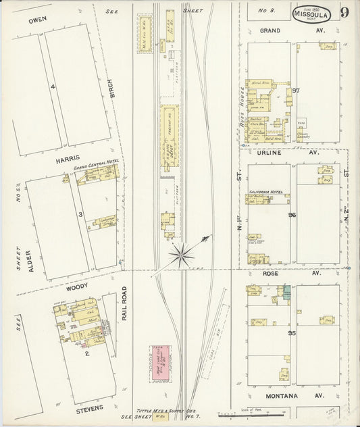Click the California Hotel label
coord(267,192)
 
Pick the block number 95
coord(293,334)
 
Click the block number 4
coord(51,86)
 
